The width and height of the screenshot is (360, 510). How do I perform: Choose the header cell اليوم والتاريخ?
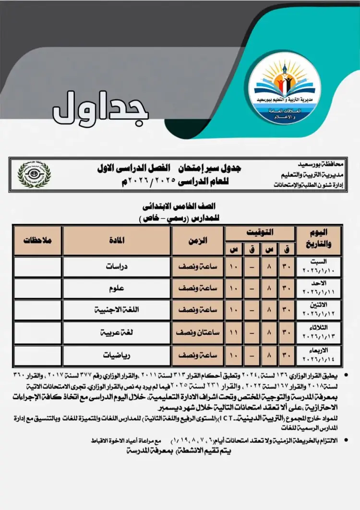point(320,241)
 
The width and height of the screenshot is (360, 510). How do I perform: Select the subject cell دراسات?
point(117,267)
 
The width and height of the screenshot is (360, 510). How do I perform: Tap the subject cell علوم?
point(117,289)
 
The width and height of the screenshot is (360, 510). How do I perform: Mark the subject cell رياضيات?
point(117,356)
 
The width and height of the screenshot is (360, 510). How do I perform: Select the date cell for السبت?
point(320,267)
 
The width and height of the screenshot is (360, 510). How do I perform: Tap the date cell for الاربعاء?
point(320,356)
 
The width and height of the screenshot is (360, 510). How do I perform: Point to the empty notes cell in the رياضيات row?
point(38,356)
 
